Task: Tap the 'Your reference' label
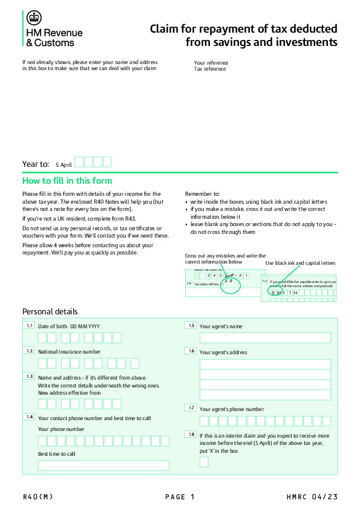(x=211, y=63)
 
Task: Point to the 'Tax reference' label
(x=210, y=69)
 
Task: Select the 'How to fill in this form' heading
(x=67, y=181)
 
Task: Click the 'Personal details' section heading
(x=50, y=311)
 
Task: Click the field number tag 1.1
(x=29, y=326)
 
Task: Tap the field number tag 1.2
(x=29, y=351)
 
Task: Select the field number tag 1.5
(x=191, y=326)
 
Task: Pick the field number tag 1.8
(x=191, y=435)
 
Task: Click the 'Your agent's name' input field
(x=265, y=338)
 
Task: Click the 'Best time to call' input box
(x=103, y=465)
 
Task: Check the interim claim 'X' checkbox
(x=204, y=462)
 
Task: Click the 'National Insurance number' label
(x=70, y=351)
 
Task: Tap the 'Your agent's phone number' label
(x=232, y=409)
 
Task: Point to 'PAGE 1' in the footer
(x=180, y=497)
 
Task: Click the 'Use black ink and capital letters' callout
(x=300, y=263)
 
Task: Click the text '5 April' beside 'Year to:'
(x=64, y=164)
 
